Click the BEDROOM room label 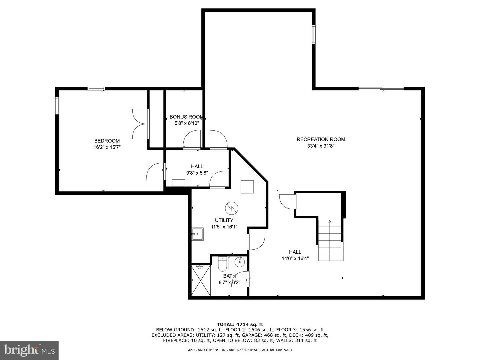click(107, 141)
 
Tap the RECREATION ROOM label click(321, 139)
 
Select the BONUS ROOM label click(186, 117)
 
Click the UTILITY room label click(224, 220)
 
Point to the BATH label click(229, 276)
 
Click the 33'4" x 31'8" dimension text click(321, 146)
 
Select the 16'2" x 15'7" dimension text click(107, 147)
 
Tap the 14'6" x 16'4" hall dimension click(295, 258)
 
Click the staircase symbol click(330, 240)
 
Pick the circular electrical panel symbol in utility click(232, 208)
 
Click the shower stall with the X click(201, 280)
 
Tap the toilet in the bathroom click(222, 264)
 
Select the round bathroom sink click(240, 262)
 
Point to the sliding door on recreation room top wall click(381, 88)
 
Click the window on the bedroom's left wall click(57, 105)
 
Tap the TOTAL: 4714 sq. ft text click(240, 324)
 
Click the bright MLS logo click(29, 350)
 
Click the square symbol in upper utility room click(247, 187)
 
